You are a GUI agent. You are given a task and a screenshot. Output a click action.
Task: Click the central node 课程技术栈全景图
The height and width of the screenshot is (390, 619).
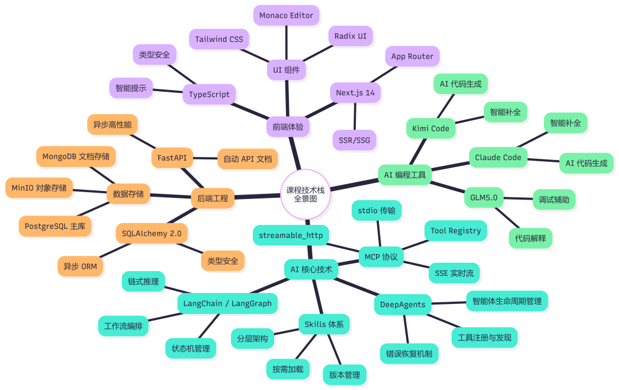(x=305, y=194)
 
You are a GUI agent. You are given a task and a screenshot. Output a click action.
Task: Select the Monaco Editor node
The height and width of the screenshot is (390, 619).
(x=286, y=15)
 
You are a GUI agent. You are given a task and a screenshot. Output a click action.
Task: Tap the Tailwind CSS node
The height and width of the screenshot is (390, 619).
(x=219, y=40)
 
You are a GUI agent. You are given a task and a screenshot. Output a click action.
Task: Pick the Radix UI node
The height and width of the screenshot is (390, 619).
(x=350, y=36)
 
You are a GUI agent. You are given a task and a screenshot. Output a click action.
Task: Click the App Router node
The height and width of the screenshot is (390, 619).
(x=412, y=56)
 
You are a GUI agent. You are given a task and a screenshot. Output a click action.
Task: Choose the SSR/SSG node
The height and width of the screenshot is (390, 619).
(x=354, y=139)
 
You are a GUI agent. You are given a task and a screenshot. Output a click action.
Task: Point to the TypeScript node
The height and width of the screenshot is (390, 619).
(x=209, y=94)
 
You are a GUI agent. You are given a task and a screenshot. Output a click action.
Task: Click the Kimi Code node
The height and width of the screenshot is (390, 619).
(x=430, y=128)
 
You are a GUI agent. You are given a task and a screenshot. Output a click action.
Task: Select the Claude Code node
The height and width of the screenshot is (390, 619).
(x=498, y=157)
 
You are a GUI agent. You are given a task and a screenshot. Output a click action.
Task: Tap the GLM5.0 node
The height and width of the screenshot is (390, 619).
(x=483, y=198)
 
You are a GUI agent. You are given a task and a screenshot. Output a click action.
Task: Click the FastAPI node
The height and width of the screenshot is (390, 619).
(x=172, y=157)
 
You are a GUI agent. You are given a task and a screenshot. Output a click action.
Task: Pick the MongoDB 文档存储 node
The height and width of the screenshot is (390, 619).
(x=76, y=156)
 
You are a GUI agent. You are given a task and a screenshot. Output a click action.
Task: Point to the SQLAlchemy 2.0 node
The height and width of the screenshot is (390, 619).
(x=151, y=233)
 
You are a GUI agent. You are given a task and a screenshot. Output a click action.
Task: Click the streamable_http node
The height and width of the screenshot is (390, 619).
(x=291, y=235)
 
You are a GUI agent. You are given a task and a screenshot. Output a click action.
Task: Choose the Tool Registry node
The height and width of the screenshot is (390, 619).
(x=456, y=231)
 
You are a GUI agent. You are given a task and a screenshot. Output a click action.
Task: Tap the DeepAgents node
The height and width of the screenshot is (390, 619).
(x=402, y=305)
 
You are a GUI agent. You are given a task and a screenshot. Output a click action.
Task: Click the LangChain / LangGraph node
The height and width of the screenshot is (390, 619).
(x=228, y=303)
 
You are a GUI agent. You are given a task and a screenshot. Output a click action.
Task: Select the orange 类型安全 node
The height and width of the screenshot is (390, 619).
(x=223, y=261)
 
